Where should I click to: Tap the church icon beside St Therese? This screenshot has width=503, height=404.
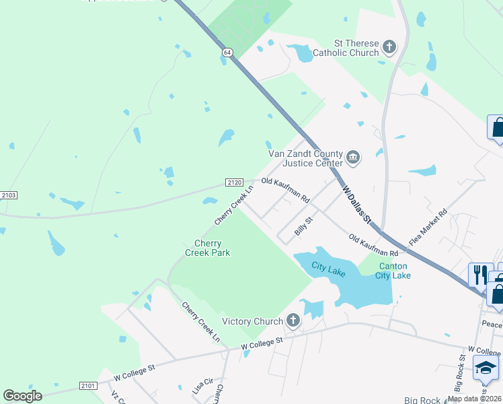(x=389, y=47)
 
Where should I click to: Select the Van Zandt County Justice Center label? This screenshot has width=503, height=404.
(x=306, y=158)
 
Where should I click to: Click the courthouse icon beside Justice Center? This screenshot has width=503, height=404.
(x=353, y=159)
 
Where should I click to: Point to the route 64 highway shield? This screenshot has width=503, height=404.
(x=228, y=53)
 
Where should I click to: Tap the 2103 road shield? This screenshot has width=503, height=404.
(x=9, y=195)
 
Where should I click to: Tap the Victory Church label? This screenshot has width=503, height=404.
(x=252, y=321)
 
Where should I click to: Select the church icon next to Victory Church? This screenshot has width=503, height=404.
(x=293, y=321)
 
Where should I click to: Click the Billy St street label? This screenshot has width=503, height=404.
(x=304, y=226)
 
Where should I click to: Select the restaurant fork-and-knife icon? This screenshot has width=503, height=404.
(x=480, y=274)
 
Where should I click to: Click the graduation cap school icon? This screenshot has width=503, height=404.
(x=486, y=368)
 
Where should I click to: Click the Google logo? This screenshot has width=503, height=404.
(x=22, y=396)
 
